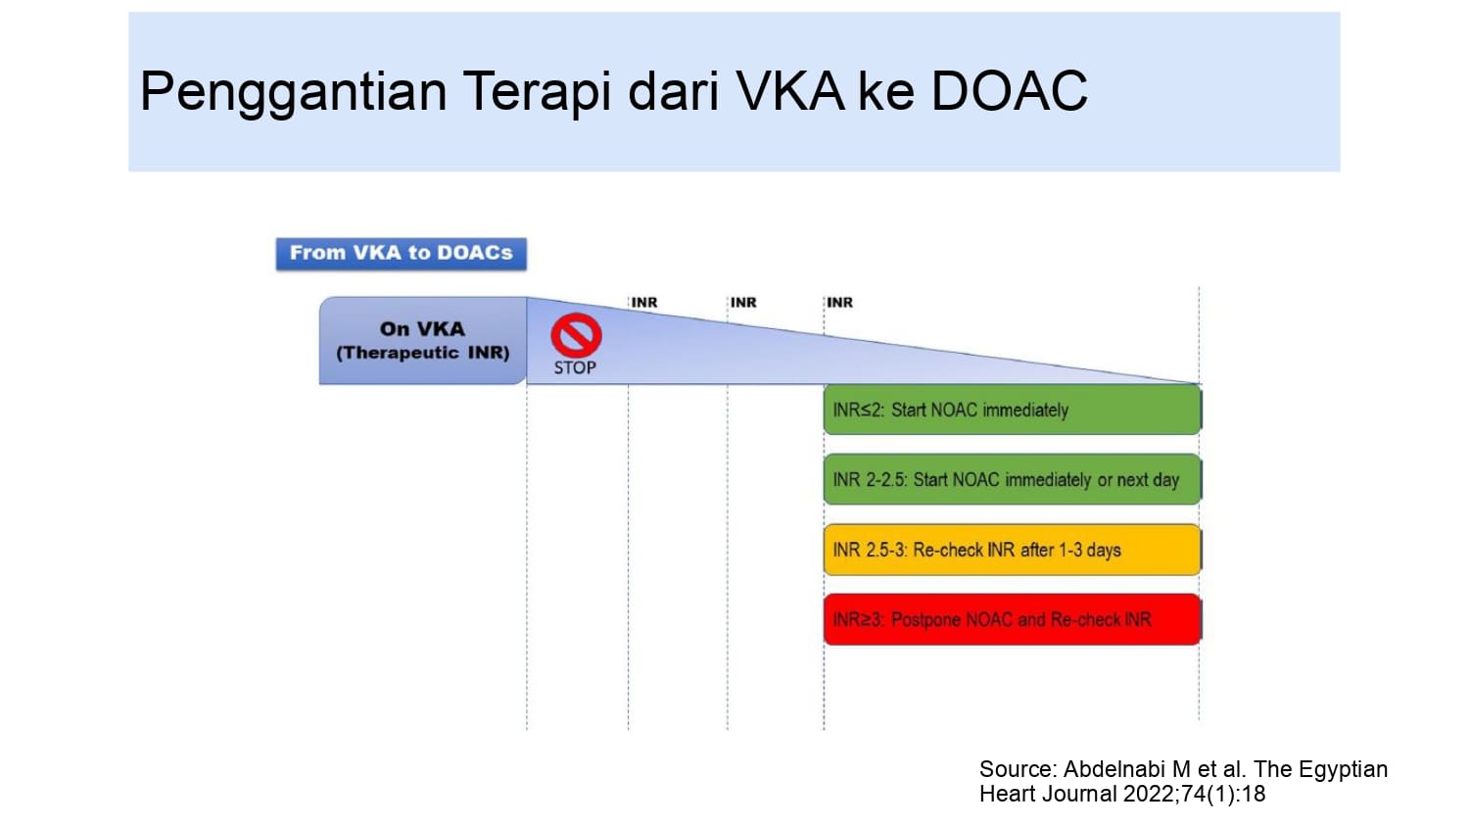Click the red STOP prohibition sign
(577, 335)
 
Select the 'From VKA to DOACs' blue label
(402, 254)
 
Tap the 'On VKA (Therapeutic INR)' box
(423, 341)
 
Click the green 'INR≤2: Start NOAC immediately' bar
(1013, 410)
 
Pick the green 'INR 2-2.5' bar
(1013, 479)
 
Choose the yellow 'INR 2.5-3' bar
(1013, 550)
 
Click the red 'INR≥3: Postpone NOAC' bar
(1013, 619)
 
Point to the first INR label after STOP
(644, 303)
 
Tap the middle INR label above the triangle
(743, 303)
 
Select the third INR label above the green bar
(840, 303)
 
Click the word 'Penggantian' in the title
(293, 92)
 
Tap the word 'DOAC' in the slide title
(1010, 90)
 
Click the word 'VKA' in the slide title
(790, 90)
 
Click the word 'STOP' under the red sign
(575, 368)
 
